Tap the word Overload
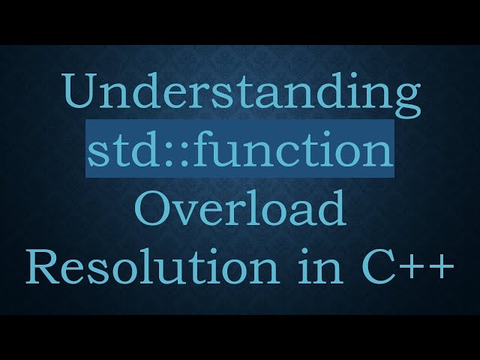(240, 210)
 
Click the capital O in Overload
(151, 210)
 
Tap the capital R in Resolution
(41, 267)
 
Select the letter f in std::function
(194, 150)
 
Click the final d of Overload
(331, 210)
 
